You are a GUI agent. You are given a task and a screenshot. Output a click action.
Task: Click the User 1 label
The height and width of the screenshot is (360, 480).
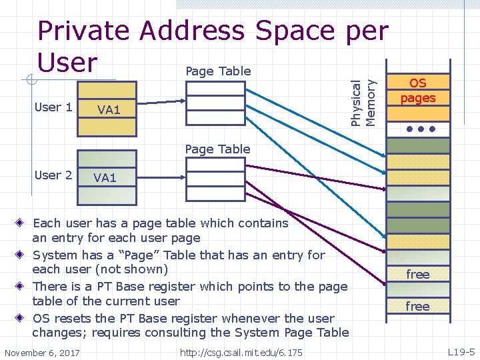point(53,107)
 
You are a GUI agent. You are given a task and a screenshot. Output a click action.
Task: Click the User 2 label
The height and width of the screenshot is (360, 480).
point(53,175)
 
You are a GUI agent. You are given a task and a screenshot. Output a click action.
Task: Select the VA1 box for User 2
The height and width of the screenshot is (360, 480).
point(105,177)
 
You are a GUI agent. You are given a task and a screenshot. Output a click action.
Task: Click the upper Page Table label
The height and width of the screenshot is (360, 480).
point(218,71)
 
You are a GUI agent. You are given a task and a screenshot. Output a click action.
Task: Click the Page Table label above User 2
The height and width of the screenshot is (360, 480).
point(217,149)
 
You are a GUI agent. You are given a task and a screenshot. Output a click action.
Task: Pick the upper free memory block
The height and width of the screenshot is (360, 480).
point(418,275)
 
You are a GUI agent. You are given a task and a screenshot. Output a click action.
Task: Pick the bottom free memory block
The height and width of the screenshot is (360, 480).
point(418,307)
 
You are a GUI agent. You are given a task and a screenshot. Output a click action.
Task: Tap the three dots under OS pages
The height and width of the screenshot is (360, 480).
point(418,128)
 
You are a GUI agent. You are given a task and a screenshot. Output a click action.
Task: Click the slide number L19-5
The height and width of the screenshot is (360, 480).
point(461,351)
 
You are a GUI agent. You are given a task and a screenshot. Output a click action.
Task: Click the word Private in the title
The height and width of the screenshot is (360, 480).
point(83,31)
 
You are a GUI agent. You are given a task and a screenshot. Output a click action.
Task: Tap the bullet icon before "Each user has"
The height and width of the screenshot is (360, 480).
point(22,223)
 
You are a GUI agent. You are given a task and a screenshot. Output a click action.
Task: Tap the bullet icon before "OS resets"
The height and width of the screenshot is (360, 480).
point(22,319)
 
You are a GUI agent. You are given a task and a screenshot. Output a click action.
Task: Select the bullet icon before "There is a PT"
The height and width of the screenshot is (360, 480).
point(22,287)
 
